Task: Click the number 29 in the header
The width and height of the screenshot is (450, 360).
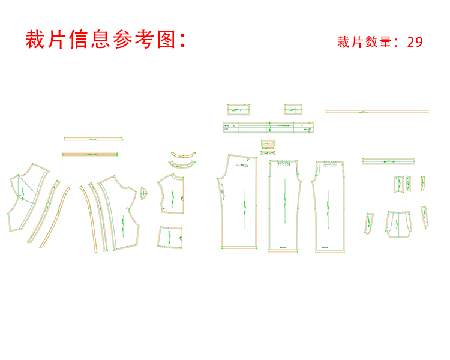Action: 415,42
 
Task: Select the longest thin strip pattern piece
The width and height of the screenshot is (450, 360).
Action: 377,111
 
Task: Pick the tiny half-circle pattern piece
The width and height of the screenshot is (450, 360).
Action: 144,193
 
